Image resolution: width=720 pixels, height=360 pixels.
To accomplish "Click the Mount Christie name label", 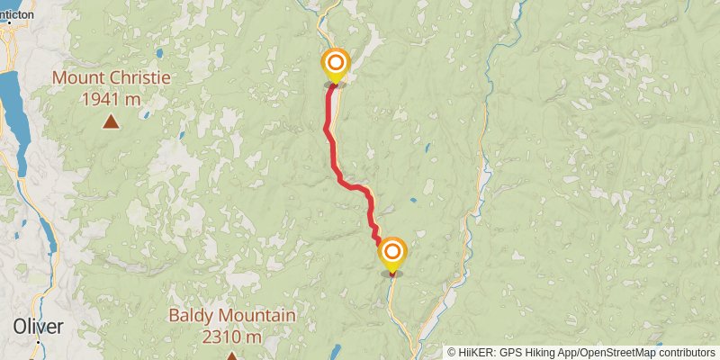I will click(111, 77).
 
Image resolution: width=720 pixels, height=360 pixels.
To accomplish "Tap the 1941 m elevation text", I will click(111, 99).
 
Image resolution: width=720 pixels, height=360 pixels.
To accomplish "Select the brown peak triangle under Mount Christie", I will click(111, 121).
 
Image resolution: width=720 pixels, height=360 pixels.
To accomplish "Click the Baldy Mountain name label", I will click(232, 316).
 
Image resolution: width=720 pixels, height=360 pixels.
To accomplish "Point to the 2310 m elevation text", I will click(232, 337).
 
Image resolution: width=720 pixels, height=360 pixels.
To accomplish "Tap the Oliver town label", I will click(38, 327).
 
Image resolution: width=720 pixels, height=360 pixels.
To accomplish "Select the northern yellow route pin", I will click(335, 64).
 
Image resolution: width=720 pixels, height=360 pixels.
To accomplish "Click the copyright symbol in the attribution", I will click(452, 352).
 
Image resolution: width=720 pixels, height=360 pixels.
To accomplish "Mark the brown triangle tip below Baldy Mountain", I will click(231, 356).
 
